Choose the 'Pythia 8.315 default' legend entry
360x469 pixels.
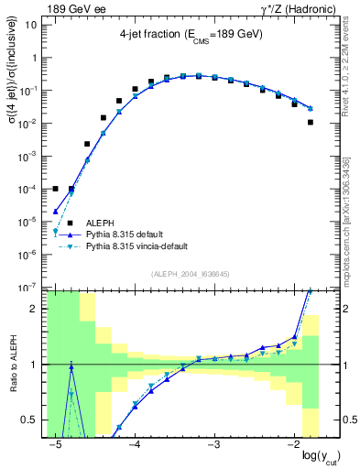click(132, 234)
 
